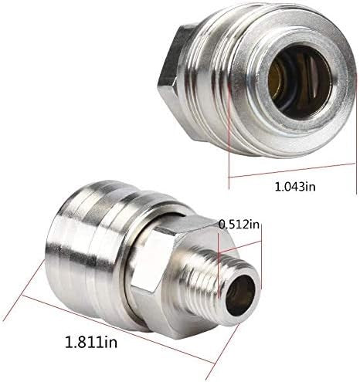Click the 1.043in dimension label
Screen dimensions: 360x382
[x=295, y=187]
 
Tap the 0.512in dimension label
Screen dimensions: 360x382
[x=239, y=225]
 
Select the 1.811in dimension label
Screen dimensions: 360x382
[x=91, y=343]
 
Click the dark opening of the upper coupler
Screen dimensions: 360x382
[x=300, y=82]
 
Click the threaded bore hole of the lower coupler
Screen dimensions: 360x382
[x=240, y=293]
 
